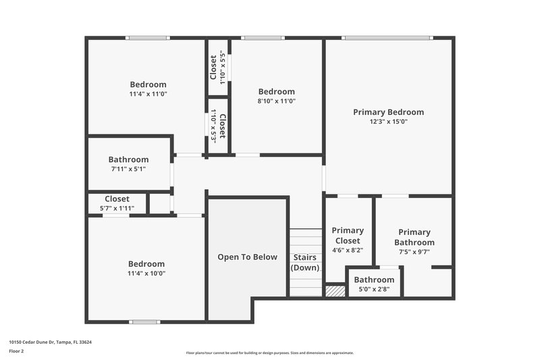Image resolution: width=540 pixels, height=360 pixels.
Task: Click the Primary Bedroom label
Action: point(388,112)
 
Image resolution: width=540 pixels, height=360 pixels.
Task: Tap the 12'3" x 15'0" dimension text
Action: point(388,122)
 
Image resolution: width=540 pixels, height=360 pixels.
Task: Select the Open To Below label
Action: point(247,257)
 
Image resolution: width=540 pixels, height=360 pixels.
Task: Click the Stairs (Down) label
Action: point(305,262)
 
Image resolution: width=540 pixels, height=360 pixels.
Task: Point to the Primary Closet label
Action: point(348,236)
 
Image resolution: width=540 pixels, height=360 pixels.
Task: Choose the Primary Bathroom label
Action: point(414,237)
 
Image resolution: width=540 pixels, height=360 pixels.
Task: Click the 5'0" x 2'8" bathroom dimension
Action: point(374,290)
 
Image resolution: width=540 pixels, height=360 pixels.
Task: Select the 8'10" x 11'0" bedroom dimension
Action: point(277,101)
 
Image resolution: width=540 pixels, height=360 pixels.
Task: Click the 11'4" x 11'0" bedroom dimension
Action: point(147,95)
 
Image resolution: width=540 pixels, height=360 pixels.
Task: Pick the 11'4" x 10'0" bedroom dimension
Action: point(146,274)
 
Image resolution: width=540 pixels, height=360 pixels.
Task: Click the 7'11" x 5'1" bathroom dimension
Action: point(128,170)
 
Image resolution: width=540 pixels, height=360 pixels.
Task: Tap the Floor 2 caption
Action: point(17,351)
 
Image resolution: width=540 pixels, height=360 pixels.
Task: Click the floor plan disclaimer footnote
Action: point(270,353)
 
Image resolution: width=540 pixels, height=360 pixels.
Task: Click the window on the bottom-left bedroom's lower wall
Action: point(144,322)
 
